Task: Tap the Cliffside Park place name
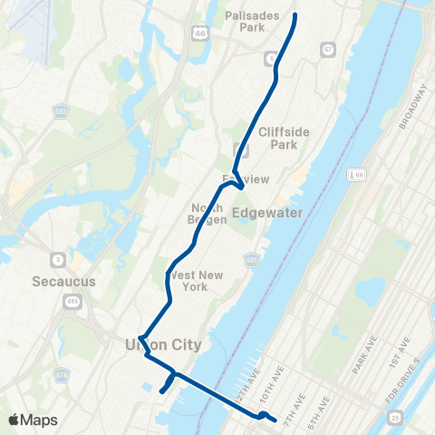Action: tap(284, 138)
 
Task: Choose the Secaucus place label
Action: tap(62, 281)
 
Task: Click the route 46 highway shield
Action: tap(198, 33)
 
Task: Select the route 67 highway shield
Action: tap(327, 48)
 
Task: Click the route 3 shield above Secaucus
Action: tap(57, 260)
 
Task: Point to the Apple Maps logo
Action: tap(32, 420)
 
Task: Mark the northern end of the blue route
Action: tap(295, 15)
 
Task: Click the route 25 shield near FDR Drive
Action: tap(396, 416)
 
